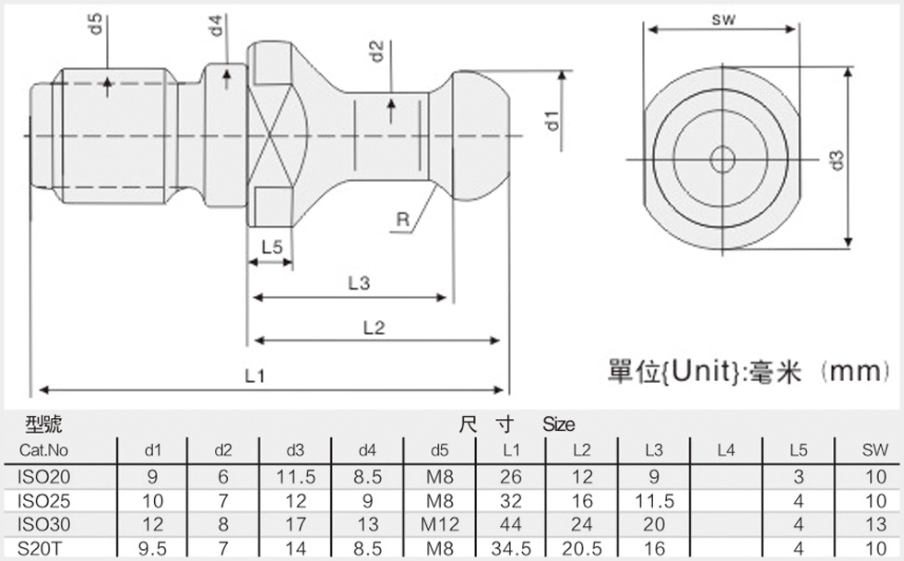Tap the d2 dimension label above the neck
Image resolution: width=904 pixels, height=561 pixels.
(x=375, y=52)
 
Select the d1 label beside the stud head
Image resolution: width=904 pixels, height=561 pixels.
(x=552, y=119)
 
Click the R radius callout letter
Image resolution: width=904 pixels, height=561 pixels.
(x=403, y=220)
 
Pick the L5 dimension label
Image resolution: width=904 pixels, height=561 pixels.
(x=272, y=247)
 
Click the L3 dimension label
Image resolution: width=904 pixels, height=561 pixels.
(x=359, y=283)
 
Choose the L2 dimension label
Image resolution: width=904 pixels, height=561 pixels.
(x=374, y=327)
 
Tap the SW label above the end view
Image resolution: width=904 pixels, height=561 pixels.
(x=723, y=19)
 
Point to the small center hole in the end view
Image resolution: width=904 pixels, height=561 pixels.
(x=722, y=160)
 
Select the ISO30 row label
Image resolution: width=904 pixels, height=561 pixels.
(x=44, y=525)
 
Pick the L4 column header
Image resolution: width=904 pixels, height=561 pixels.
(x=726, y=450)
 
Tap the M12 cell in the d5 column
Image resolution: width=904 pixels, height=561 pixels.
(x=440, y=525)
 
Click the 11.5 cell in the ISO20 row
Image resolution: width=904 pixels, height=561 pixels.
(x=295, y=477)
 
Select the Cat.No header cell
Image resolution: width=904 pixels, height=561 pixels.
(x=43, y=450)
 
